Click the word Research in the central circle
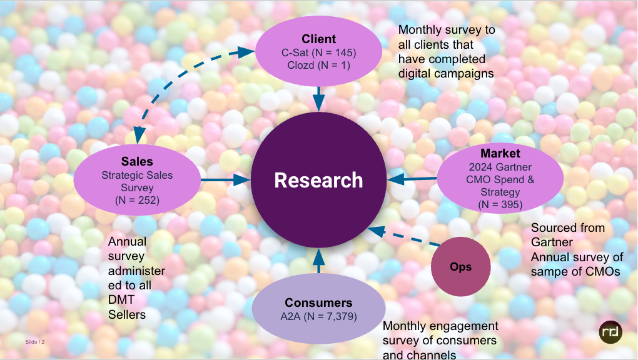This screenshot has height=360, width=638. pos(318,180)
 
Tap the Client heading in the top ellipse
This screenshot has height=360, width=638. pos(318,39)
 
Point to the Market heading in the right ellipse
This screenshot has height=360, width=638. pos(500,154)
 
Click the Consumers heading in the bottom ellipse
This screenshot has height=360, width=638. pos(318,302)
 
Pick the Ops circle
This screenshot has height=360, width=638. pos(461,267)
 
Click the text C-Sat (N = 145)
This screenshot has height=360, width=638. pos(318,52)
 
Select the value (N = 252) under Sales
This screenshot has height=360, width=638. pos(137,201)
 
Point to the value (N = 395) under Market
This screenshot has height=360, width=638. pos(500,204)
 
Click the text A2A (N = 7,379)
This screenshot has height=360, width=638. pos(318,317)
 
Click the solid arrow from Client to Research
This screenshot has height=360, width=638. pos(319,98)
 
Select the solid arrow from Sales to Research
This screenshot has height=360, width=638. pos(225,180)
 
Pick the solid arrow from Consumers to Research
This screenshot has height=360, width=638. pos(319,261)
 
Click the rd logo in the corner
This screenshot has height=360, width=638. pos(610,331)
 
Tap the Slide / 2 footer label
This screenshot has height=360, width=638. pos(35,342)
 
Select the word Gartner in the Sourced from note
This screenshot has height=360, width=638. pos(552,242)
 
